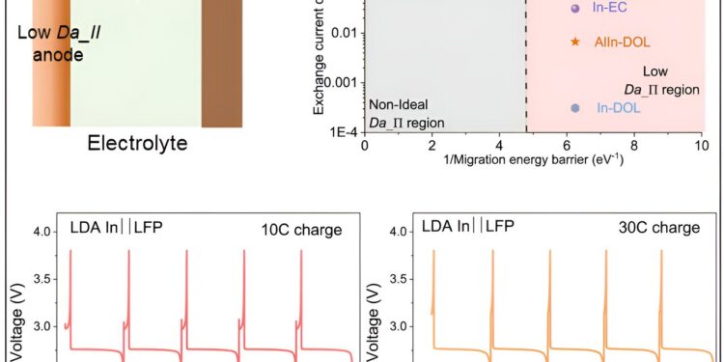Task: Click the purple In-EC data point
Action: coord(575,9)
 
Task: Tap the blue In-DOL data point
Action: coord(575,108)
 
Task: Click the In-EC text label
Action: coord(609,9)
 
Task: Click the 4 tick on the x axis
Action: coord(498,145)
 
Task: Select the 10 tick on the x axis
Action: coord(699,145)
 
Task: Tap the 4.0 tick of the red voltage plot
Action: coord(42,233)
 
